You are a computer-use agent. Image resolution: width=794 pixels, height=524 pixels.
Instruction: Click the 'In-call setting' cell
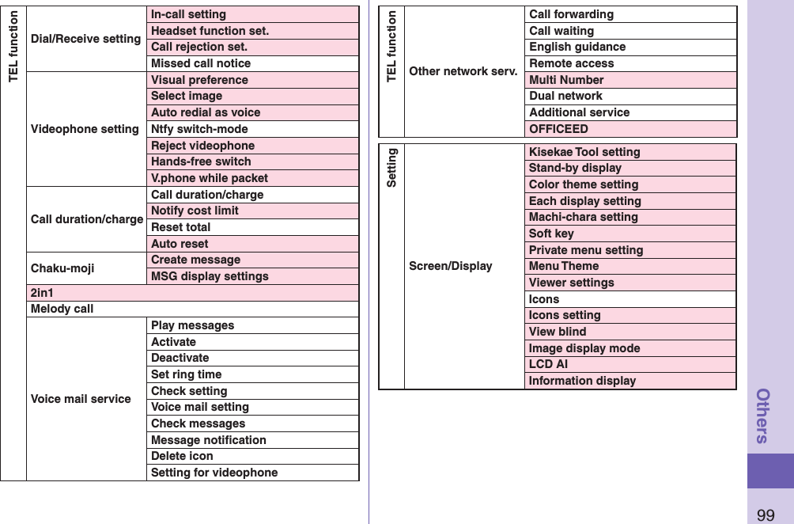pyautogui.click(x=188, y=14)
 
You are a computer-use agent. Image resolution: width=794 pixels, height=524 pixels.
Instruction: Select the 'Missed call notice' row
pyautogui.click(x=201, y=63)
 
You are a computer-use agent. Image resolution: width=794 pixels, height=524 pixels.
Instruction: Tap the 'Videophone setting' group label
pyautogui.click(x=85, y=129)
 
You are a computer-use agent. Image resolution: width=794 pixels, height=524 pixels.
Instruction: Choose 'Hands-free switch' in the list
pyautogui.click(x=201, y=161)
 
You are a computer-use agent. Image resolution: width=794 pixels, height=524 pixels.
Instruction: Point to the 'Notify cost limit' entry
pyautogui.click(x=195, y=211)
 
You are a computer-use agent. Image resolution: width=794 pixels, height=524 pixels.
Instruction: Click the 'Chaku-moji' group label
pyautogui.click(x=62, y=268)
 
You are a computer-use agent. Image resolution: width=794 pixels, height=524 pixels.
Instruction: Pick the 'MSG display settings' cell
pyautogui.click(x=210, y=276)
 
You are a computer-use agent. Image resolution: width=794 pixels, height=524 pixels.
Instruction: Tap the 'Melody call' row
pyautogui.click(x=62, y=309)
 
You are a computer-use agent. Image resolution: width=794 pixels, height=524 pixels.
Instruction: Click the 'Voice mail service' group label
pyautogui.click(x=81, y=399)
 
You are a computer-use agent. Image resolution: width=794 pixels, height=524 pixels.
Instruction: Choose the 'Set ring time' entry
pyautogui.click(x=186, y=374)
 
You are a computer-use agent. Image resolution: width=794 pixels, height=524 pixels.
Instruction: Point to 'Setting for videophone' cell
pyautogui.click(x=214, y=473)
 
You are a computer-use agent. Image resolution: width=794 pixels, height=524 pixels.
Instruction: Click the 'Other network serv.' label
pyautogui.click(x=463, y=71)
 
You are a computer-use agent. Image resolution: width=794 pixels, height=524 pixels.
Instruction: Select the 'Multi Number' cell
pyautogui.click(x=566, y=80)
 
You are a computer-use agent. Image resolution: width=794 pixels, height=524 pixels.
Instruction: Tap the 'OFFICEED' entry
pyautogui.click(x=558, y=129)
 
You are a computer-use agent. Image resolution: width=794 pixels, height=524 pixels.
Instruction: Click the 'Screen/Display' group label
pyautogui.click(x=451, y=266)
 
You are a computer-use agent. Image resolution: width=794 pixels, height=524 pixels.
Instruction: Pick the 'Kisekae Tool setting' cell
pyautogui.click(x=584, y=152)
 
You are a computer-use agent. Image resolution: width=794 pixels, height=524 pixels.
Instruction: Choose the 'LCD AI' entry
pyautogui.click(x=548, y=364)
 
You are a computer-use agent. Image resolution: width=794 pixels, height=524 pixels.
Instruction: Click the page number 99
pyautogui.click(x=766, y=515)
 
